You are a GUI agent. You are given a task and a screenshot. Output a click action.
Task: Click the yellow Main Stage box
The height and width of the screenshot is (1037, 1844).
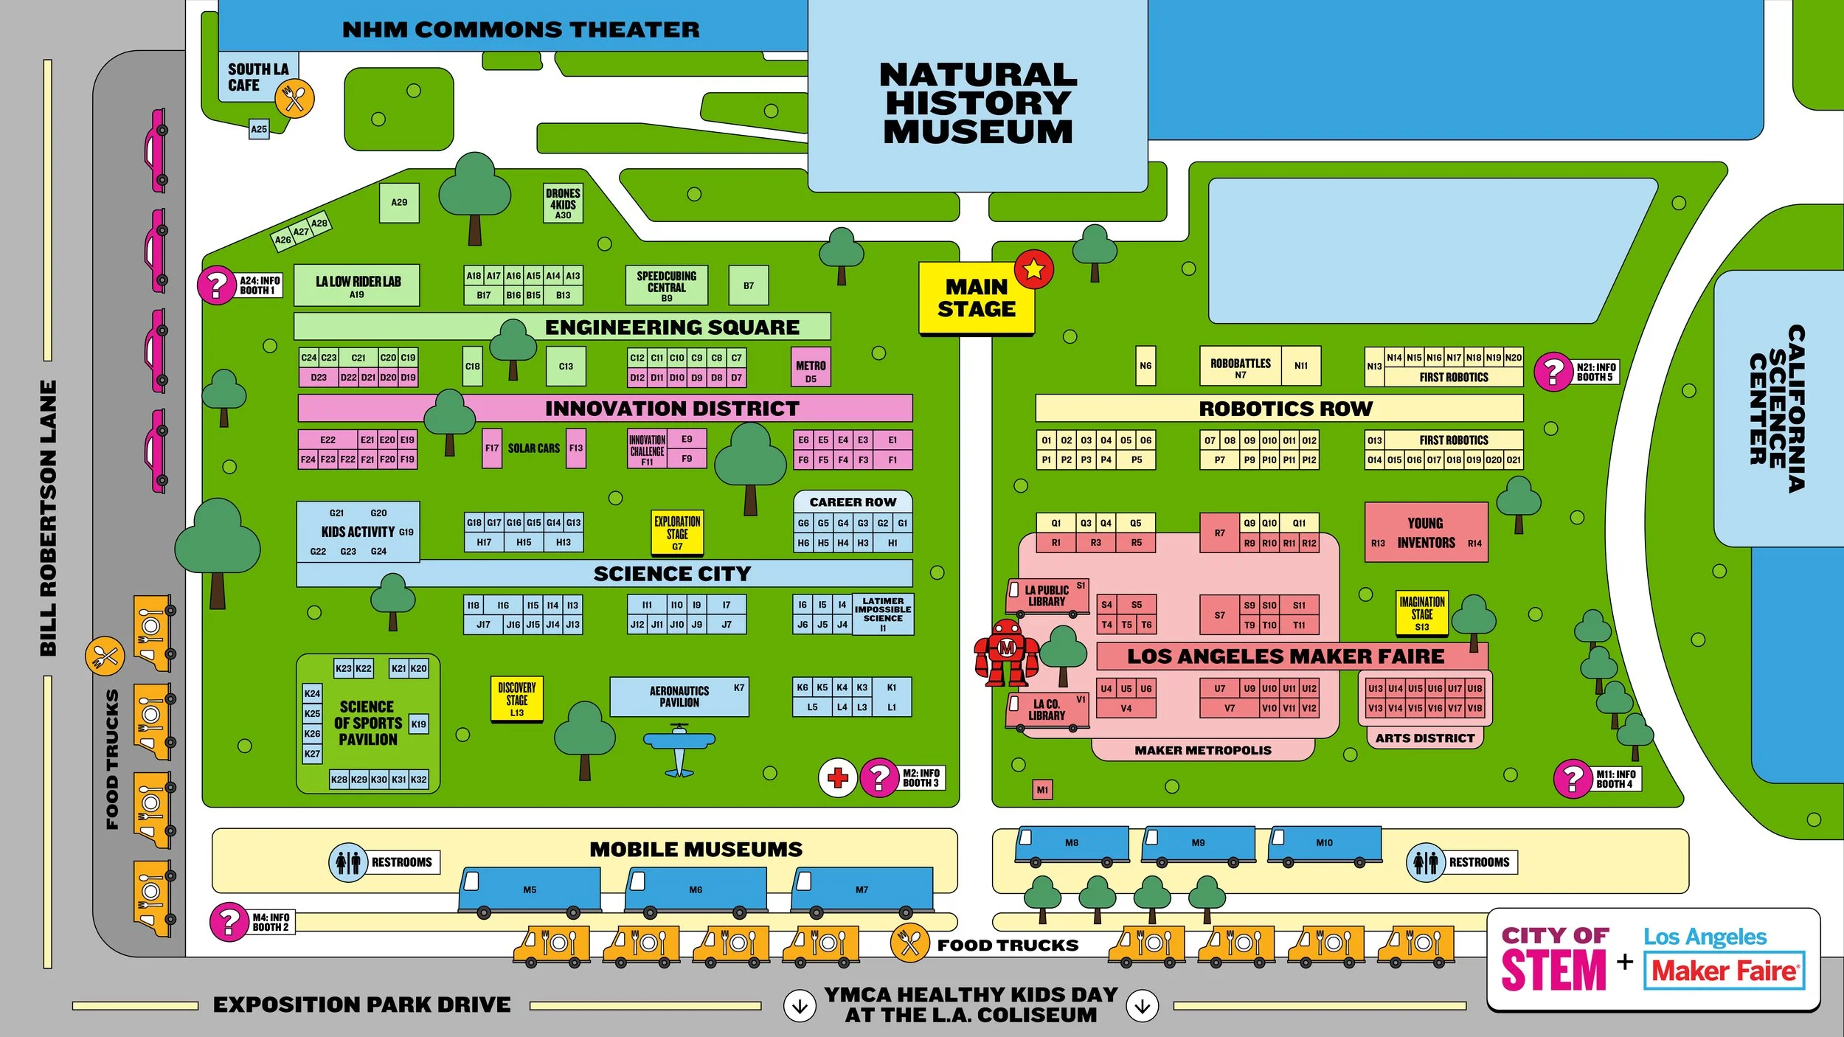[x=975, y=299]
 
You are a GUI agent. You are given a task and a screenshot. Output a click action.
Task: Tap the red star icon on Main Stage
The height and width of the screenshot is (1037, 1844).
[x=1033, y=269]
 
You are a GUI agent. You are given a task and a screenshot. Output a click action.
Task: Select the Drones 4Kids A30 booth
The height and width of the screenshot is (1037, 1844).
[x=563, y=203]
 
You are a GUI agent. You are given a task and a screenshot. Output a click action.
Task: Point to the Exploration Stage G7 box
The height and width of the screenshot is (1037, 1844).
[x=677, y=532]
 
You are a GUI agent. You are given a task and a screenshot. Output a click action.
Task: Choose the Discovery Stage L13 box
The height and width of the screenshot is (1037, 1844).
[x=517, y=698]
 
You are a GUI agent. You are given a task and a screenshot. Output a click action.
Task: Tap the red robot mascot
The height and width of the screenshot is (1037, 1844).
[x=1006, y=653]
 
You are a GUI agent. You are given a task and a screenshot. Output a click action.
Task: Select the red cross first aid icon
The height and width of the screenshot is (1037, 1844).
[x=837, y=777]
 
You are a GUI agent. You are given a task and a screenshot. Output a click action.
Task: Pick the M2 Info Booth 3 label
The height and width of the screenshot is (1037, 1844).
[x=920, y=777]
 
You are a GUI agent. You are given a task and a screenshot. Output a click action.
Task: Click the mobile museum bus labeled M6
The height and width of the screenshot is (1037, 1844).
[x=695, y=890]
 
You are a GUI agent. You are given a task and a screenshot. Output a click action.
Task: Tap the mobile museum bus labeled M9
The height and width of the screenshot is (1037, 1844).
[x=1198, y=843]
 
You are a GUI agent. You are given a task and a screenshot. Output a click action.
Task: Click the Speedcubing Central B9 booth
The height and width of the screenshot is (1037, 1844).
[x=666, y=285]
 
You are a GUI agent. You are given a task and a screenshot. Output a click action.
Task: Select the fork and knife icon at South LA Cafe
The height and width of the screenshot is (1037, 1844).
[x=294, y=98]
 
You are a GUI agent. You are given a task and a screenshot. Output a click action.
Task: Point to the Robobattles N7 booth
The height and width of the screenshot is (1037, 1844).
[x=1240, y=367]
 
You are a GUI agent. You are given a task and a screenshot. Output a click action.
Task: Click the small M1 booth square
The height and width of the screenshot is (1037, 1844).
[x=1041, y=790]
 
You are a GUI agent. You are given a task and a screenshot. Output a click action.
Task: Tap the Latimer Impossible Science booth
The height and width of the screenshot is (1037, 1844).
[x=882, y=614]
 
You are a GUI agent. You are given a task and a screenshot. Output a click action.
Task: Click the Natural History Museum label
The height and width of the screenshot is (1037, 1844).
[x=977, y=103]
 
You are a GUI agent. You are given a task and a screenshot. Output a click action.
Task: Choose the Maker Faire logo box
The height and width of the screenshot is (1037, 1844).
[x=1724, y=971]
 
